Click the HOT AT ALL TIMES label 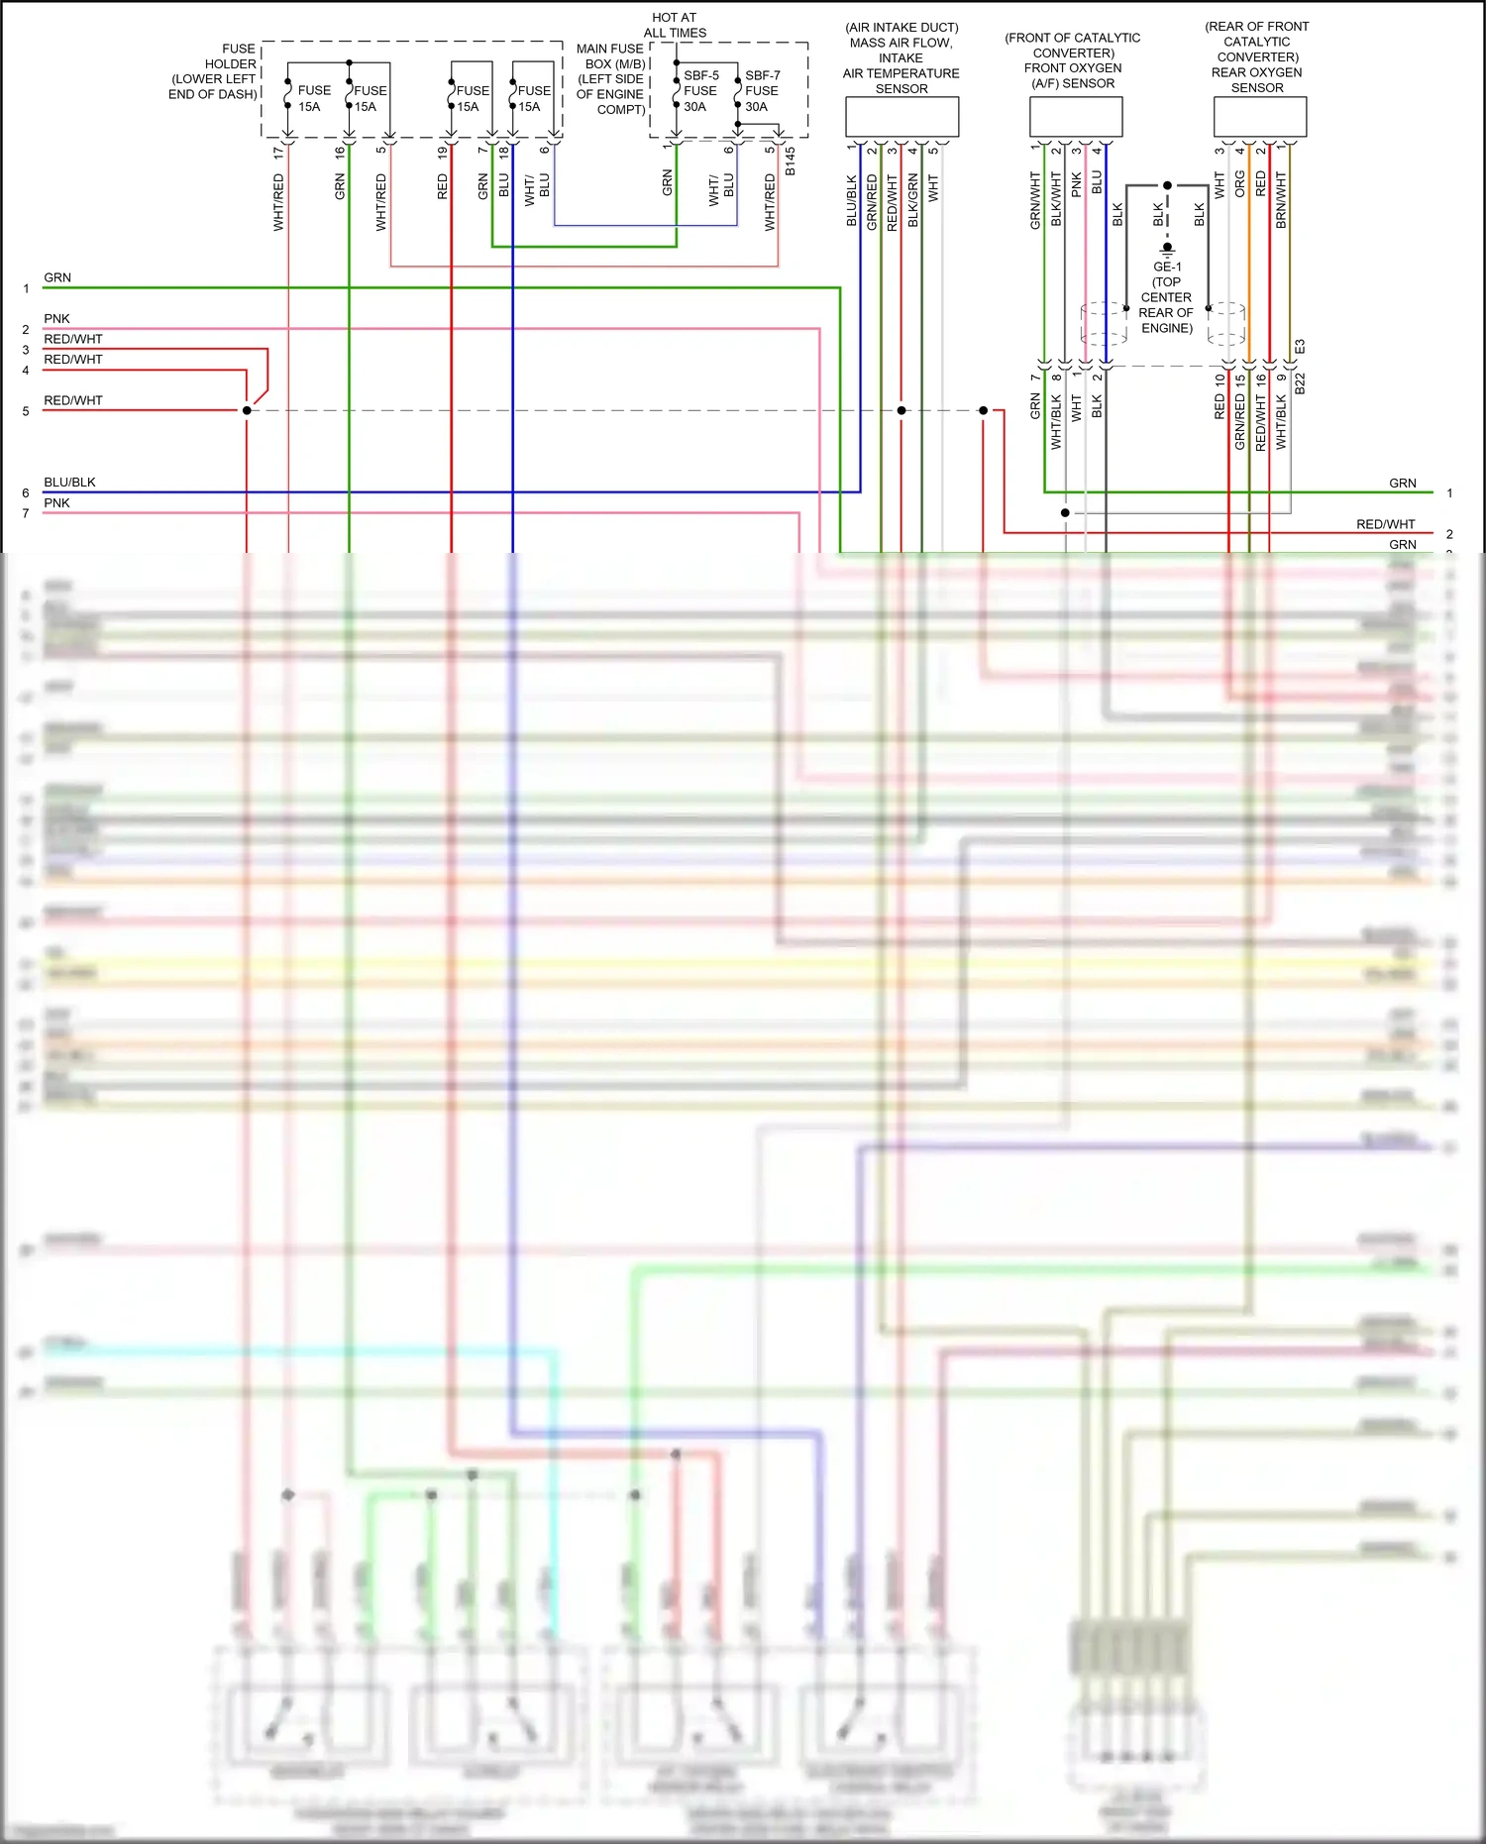point(675,25)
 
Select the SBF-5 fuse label point(700,76)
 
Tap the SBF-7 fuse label point(762,76)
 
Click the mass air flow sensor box point(902,117)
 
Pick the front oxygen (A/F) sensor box point(1075,117)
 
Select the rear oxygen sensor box point(1259,117)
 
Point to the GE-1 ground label point(1167,268)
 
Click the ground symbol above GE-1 point(1167,248)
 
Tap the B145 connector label point(790,163)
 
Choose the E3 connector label point(1300,347)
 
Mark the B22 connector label point(1300,383)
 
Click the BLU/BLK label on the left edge point(69,483)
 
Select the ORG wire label point(1239,183)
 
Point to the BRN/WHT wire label point(1281,200)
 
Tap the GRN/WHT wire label point(1035,200)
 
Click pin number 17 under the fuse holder point(278,153)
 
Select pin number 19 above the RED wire point(442,153)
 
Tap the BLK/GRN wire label point(912,200)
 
